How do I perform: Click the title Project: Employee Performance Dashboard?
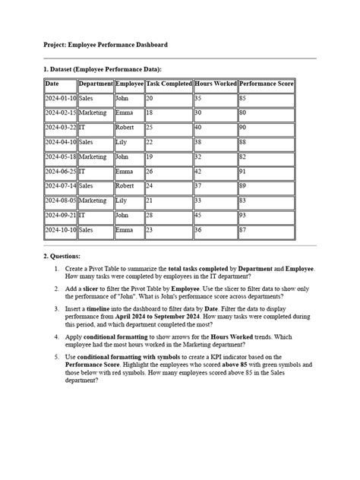coord(106,46)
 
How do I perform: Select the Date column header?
coord(52,84)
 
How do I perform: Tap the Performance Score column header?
coord(266,84)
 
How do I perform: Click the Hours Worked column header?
coord(215,84)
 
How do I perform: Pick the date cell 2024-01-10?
coord(60,99)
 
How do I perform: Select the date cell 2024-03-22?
coord(60,128)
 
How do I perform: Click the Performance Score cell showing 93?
coord(266,215)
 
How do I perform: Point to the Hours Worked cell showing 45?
coord(215,215)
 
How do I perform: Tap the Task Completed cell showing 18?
coord(168,113)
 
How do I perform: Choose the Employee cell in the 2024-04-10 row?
coord(128,142)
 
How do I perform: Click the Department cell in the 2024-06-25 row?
coord(95,172)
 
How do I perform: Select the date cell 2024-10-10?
coord(60,229)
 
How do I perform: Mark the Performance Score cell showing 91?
coord(266,172)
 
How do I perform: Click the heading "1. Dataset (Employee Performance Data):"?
coord(103,69)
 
